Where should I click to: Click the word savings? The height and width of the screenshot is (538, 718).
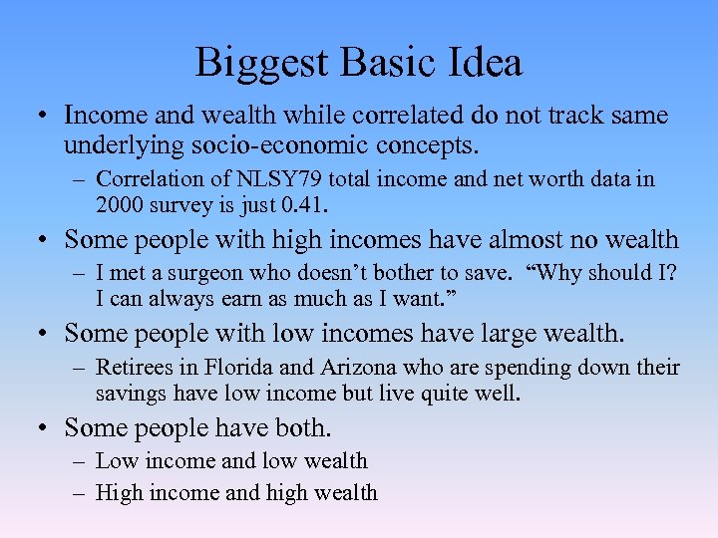[131, 394]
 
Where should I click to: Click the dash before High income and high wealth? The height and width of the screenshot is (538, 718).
[80, 492]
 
